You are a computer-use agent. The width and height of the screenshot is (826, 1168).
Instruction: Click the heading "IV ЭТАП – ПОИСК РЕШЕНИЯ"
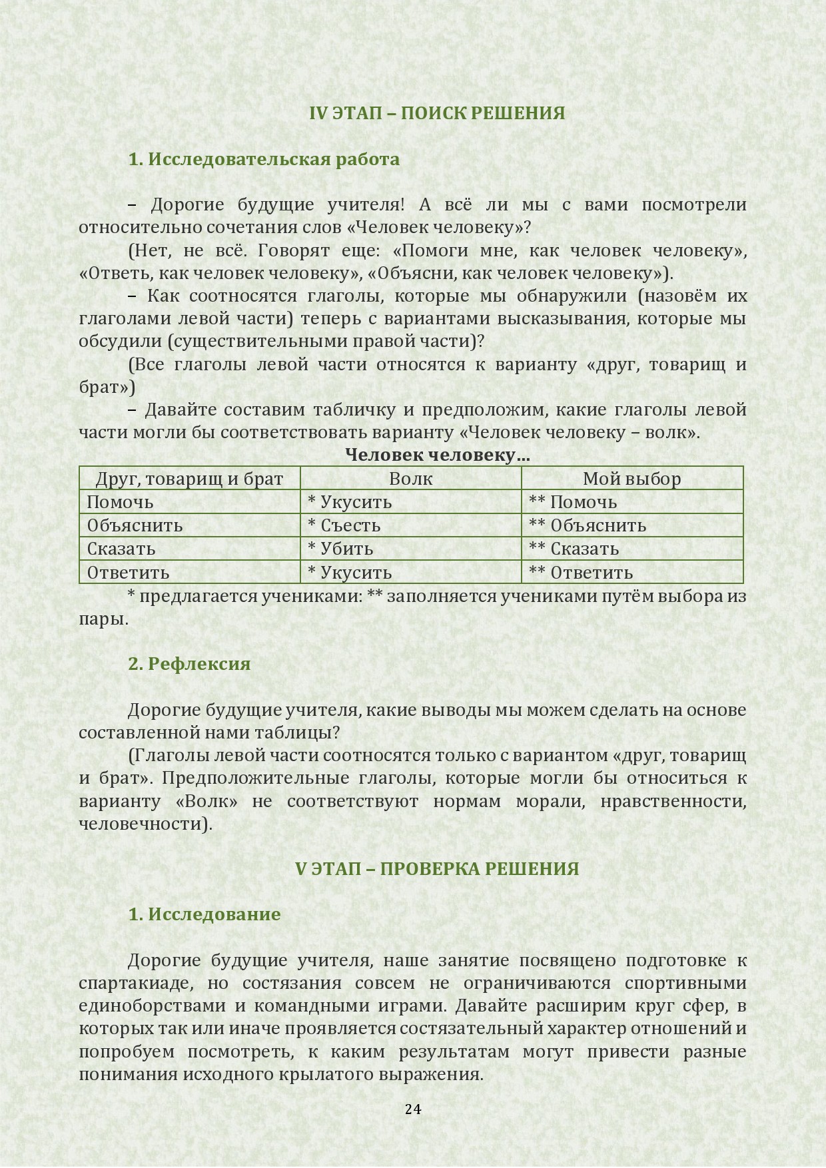click(437, 113)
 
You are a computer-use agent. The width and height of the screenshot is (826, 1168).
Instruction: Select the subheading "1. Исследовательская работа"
click(264, 159)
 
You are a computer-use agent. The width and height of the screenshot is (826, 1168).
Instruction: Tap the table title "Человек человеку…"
click(438, 455)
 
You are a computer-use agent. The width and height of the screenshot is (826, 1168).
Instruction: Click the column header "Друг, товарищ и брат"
click(189, 479)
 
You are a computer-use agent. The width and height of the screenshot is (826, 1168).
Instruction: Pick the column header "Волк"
click(410, 479)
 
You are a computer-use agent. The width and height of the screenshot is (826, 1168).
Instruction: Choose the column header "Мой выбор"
click(631, 479)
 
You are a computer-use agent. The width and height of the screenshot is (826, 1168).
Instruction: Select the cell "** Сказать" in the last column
click(574, 549)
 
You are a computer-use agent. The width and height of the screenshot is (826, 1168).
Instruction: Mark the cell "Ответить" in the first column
click(128, 573)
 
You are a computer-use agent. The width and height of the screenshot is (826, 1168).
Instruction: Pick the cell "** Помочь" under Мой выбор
click(573, 502)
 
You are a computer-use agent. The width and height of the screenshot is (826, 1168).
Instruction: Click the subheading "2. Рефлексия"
click(189, 664)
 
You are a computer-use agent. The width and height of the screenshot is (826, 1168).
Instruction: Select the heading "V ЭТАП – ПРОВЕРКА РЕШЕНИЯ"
click(437, 869)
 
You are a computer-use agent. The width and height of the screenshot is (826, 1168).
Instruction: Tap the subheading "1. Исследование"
click(205, 914)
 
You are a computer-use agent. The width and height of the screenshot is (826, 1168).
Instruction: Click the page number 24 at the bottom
click(413, 1109)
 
